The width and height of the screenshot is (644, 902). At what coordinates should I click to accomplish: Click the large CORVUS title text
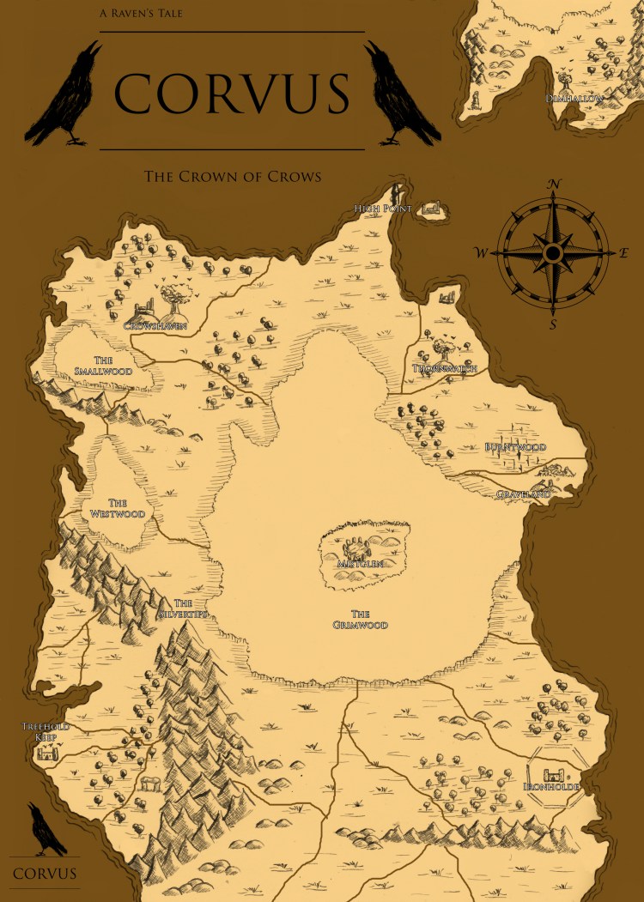(232, 92)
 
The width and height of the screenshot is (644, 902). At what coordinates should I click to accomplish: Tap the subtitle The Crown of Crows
(232, 177)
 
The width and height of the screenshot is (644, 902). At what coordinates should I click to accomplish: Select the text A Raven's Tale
(141, 14)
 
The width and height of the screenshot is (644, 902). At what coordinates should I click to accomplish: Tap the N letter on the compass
(554, 185)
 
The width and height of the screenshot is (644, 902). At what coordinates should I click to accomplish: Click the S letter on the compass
(553, 324)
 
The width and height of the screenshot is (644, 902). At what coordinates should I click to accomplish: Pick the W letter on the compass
(482, 253)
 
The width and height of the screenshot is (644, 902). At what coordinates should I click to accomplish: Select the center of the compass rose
(553, 253)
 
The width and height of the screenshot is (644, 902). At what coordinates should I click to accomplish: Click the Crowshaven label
(155, 326)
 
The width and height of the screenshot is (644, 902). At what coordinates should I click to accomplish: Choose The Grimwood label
(361, 620)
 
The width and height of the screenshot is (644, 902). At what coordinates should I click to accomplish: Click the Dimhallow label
(574, 99)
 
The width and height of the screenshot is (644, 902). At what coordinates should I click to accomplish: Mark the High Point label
(384, 209)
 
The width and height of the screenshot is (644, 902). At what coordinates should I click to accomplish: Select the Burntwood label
(515, 447)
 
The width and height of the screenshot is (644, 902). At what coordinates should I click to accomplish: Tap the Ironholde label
(551, 786)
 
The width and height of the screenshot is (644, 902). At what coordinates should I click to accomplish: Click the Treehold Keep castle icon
(47, 753)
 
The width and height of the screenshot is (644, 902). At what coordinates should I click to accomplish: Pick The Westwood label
(118, 508)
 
